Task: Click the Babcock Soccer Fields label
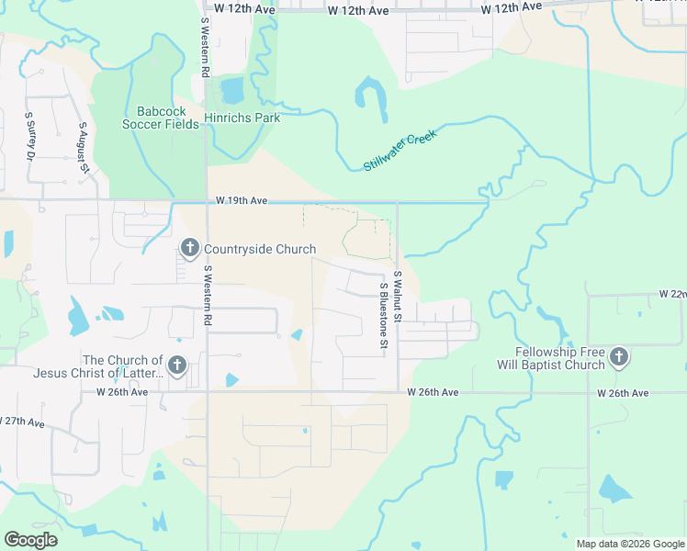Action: [x=162, y=118]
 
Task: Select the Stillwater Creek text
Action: [x=400, y=151]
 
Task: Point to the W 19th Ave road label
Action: [x=242, y=200]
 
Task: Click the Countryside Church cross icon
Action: [x=190, y=249]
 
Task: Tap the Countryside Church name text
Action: [x=260, y=250]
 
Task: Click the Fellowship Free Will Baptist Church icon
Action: [x=619, y=358]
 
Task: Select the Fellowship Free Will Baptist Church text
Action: [x=560, y=358]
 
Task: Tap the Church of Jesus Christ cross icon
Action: [x=177, y=366]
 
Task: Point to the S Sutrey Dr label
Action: [x=29, y=135]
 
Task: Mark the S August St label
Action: [x=83, y=147]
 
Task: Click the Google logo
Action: [x=30, y=539]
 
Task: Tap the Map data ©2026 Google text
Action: [x=630, y=544]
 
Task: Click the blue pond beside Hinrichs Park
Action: [x=232, y=90]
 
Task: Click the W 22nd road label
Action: [x=671, y=294]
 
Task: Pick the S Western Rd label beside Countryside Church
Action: [x=208, y=297]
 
